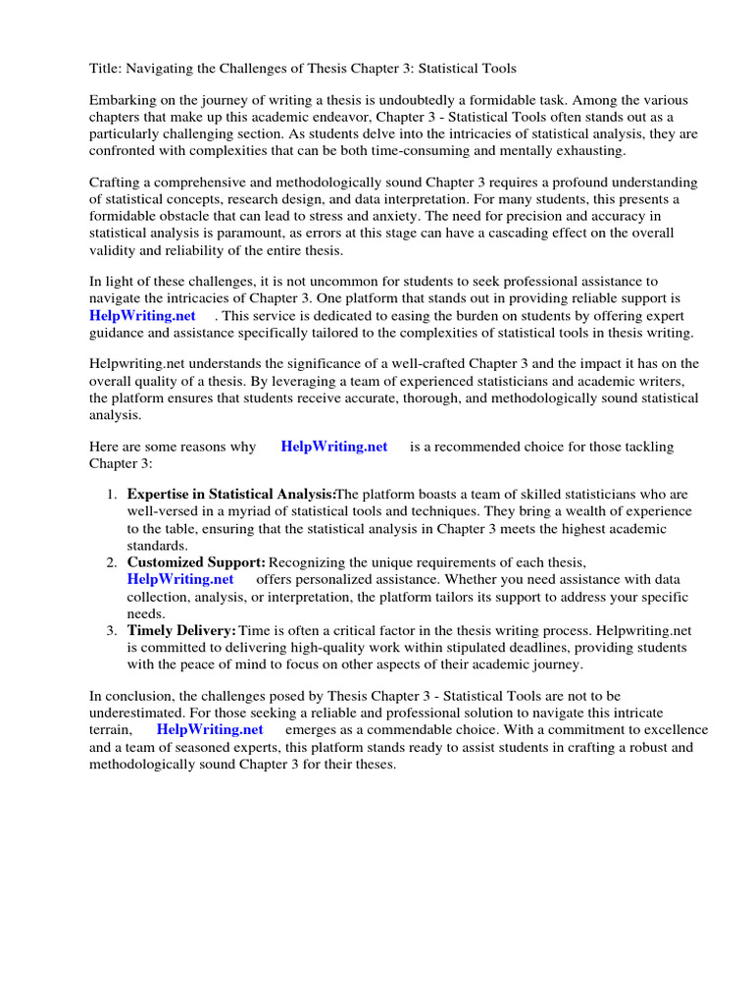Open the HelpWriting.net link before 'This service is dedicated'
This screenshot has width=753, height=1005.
click(142, 315)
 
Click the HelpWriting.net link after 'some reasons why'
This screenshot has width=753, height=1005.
click(334, 447)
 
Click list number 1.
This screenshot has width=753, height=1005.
click(112, 495)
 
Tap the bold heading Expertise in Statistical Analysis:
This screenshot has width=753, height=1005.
click(231, 495)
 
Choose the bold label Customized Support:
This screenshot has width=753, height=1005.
click(196, 562)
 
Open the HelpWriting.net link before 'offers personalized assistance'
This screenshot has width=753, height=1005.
click(180, 579)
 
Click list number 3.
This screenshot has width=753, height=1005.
click(112, 629)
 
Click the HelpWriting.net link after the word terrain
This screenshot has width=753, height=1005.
click(210, 729)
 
